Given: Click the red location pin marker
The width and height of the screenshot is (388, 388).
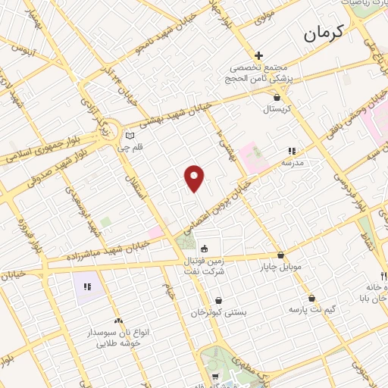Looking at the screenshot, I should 195,177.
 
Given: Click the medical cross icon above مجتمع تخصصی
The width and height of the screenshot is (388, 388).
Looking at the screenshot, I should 258,55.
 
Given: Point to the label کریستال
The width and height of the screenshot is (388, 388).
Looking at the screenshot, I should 277,110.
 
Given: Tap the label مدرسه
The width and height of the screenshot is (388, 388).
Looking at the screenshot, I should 293,163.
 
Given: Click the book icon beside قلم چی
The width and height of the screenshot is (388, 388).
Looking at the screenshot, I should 129,136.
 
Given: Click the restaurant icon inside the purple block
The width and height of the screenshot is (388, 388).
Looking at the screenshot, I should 87,286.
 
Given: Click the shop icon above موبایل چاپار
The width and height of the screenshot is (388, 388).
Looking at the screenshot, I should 282,255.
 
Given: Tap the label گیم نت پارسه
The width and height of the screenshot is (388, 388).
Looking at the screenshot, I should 311,309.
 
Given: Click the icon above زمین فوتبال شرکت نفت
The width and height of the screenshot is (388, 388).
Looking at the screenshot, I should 204,248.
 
